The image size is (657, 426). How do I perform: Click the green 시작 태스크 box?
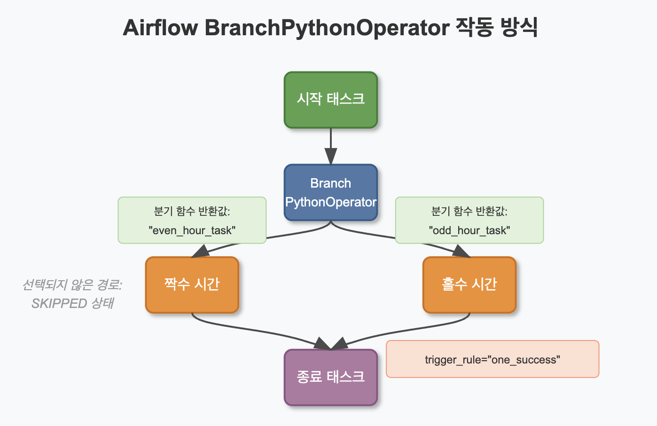[x=330, y=100]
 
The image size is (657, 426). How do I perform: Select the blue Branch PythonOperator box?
[x=330, y=192]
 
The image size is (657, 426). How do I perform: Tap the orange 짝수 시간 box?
[x=192, y=284]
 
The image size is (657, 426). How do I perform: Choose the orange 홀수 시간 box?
[x=469, y=284]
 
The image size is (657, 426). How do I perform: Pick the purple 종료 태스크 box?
[x=330, y=377]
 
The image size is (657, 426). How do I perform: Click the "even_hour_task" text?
[x=192, y=230]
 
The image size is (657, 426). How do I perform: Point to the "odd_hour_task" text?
[x=469, y=230]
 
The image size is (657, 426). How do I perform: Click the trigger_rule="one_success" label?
[x=492, y=360]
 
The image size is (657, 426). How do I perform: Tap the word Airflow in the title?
[x=160, y=28]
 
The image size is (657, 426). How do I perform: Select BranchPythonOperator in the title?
[x=327, y=28]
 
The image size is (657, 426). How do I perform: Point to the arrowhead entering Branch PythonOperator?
[x=330, y=156]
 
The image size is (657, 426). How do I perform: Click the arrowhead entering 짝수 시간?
[x=201, y=252]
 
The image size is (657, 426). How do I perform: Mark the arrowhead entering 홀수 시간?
[x=461, y=252]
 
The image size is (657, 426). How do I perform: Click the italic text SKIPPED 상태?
[x=72, y=303]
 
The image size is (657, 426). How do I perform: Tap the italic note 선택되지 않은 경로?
[x=72, y=285]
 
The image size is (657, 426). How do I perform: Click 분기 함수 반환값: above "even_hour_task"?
[x=192, y=211]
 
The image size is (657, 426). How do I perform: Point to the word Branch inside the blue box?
[x=330, y=183]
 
